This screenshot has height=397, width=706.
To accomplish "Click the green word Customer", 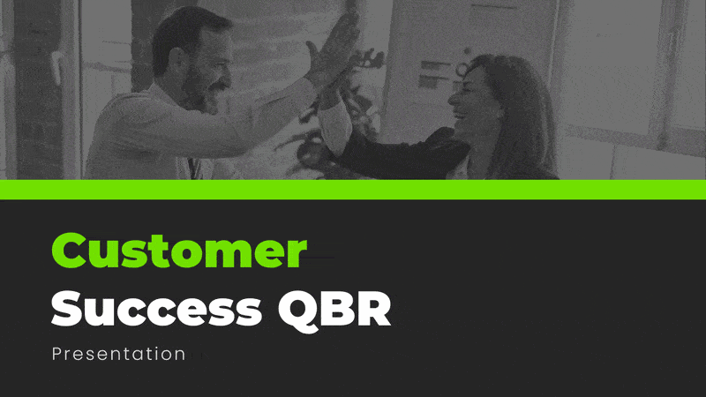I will [x=179, y=252].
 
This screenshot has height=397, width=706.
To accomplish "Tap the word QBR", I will [x=335, y=309].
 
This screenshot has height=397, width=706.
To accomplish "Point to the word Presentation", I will [x=118, y=354].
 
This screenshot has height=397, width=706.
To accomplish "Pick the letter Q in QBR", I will [x=298, y=310].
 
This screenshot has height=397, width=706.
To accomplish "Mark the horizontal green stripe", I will [x=353, y=189].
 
